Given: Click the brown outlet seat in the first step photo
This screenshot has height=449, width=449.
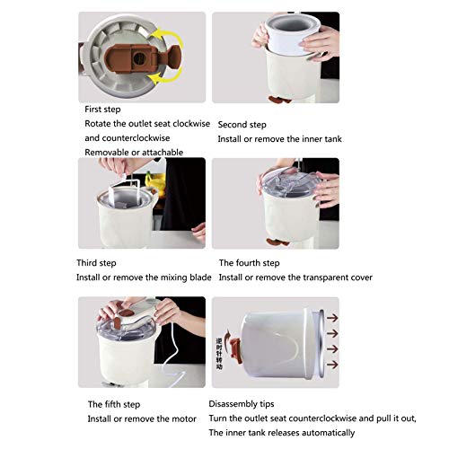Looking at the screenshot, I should (130, 55).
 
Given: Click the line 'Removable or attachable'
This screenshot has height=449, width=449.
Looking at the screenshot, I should (134, 153).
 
